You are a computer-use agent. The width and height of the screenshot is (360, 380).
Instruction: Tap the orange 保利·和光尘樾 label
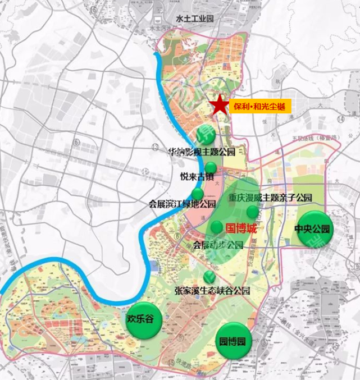(260, 106)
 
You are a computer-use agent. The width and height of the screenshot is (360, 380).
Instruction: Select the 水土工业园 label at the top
(195, 19)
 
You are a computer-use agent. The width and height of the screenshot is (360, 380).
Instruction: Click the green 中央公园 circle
(315, 229)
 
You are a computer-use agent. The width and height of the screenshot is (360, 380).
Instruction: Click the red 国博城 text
(241, 229)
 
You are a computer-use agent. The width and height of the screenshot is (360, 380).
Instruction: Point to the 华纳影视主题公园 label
(200, 152)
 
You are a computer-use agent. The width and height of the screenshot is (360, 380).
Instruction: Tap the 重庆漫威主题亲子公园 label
(270, 198)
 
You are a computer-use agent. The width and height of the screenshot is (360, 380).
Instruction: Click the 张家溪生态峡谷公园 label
(212, 291)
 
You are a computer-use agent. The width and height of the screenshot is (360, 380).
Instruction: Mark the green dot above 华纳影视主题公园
(203, 135)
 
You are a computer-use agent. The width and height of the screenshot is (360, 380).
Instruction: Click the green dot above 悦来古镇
(211, 167)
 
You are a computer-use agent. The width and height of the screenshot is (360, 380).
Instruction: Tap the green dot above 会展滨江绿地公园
(198, 194)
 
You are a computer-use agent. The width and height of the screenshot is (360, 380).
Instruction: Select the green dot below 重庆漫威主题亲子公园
(253, 212)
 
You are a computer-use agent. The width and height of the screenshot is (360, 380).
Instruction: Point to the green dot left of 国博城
(217, 227)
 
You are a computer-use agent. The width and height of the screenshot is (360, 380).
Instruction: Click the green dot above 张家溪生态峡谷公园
(209, 276)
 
